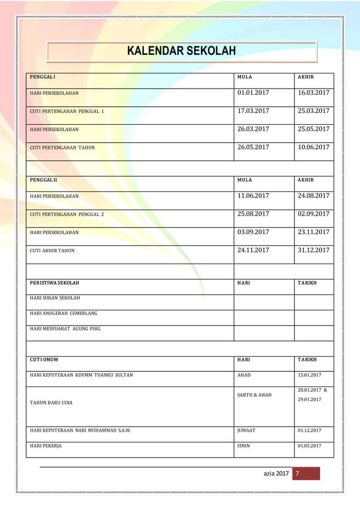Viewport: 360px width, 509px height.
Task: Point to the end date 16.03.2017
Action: [313, 93]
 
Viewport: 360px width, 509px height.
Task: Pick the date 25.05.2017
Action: [313, 129]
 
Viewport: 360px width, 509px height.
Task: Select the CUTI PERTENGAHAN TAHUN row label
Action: [62, 148]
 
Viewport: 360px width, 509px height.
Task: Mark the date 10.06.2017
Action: [313, 147]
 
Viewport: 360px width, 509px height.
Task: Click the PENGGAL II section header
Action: [43, 179]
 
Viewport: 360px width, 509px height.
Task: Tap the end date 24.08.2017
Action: [313, 196]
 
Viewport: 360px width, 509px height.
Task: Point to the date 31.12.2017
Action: [313, 250]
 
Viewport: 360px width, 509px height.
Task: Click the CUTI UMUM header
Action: [43, 359]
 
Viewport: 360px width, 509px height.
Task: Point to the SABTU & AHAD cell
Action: [254, 395]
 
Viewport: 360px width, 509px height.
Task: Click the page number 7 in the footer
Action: [297, 473]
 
